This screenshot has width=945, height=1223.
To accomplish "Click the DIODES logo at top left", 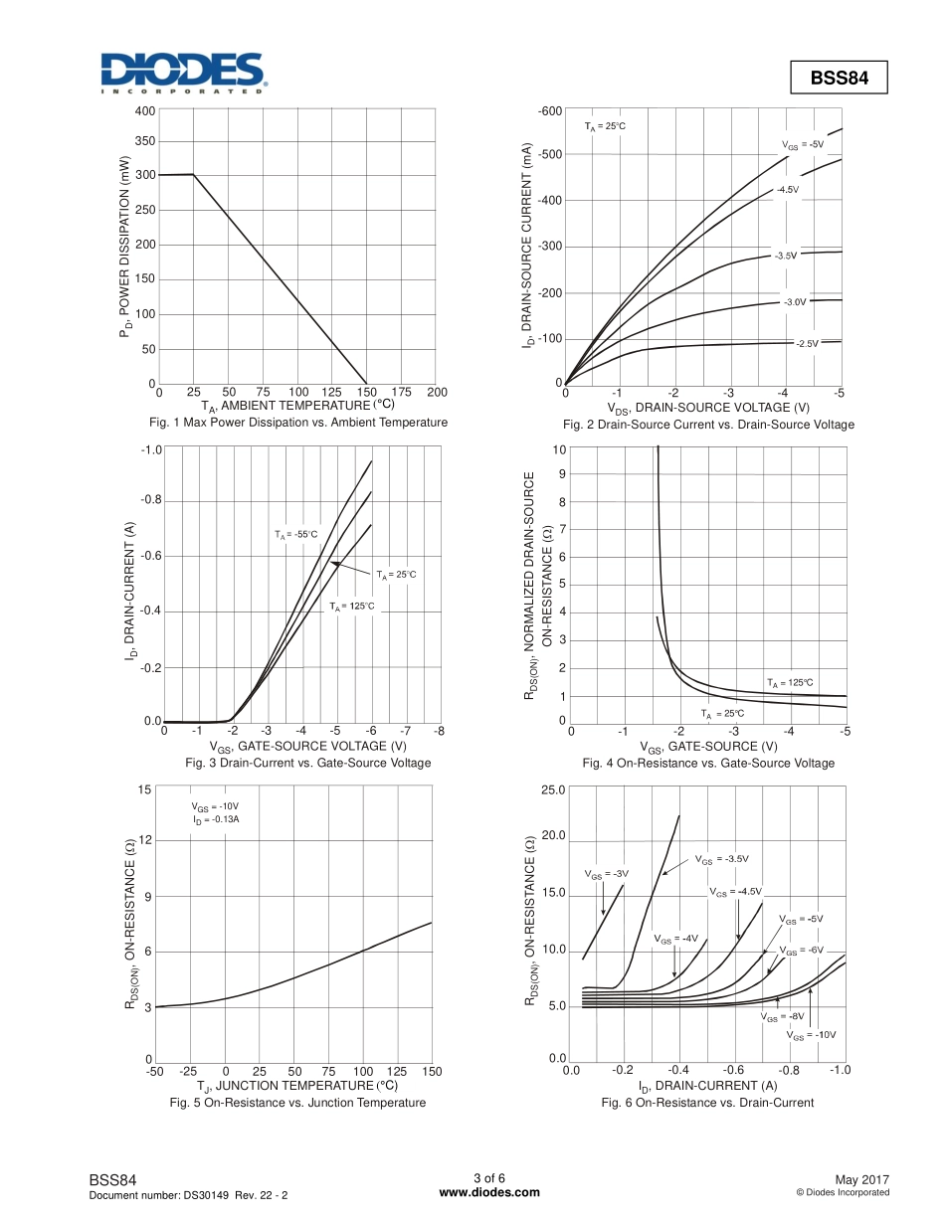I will pos(181,73).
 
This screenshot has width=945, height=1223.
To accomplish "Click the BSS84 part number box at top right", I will pos(839,79).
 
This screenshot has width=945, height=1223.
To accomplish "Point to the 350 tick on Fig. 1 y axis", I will pos(145,143).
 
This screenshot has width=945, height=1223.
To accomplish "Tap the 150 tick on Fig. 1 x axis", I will pos(367,393).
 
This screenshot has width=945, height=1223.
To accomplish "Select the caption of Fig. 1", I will pos(298,423).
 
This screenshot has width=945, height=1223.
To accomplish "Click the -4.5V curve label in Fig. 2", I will pos(788,189).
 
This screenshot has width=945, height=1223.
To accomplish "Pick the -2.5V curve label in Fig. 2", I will pos(807,343).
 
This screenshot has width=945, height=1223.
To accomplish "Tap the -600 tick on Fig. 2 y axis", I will pos(550,110).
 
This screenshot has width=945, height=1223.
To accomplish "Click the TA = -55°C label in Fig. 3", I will pos(296,535).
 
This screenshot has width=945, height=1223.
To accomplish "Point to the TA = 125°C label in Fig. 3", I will pos(352,606).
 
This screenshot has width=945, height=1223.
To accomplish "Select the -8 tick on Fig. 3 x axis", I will pos(439,731).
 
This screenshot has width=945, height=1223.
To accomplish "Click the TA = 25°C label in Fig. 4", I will pos(722,714).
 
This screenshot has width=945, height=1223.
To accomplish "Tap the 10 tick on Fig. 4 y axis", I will pos(560,449).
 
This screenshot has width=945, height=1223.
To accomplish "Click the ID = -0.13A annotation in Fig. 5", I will pos(217,819).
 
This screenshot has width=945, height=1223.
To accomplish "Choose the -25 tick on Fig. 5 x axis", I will pos(189,1071).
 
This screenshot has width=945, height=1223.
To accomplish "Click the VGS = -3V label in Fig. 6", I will pos(606,874).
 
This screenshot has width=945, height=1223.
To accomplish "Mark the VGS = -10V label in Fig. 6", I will pos(811,1035).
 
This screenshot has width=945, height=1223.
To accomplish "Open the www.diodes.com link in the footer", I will pos(489,1193).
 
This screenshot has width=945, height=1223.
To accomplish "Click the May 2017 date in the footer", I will pos(861,1179).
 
